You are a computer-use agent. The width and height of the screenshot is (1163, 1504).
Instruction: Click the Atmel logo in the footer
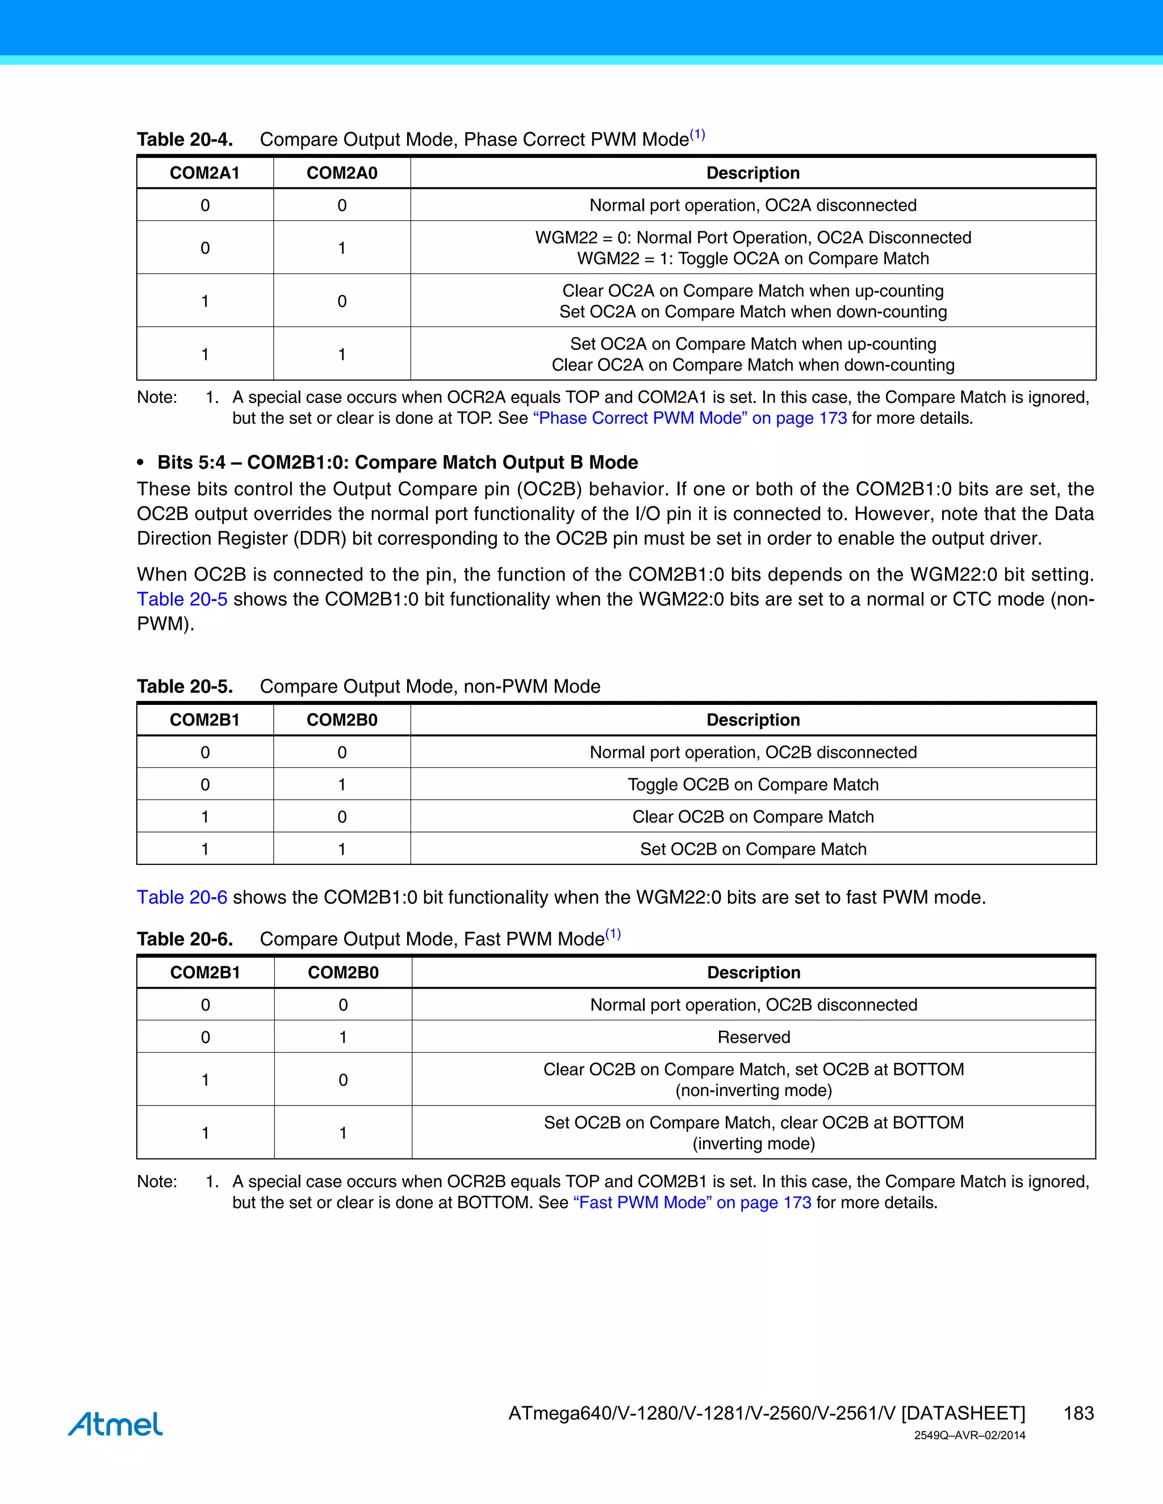[115, 1423]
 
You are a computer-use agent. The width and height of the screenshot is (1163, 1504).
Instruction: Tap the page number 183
[1078, 1413]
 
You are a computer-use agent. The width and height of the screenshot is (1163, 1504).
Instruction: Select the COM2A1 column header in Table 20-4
[204, 173]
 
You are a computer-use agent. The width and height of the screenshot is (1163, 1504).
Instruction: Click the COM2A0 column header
[342, 173]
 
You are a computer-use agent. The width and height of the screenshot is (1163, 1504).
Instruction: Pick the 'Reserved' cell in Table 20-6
[753, 1037]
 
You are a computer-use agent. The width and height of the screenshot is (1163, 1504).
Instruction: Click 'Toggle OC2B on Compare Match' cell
[753, 784]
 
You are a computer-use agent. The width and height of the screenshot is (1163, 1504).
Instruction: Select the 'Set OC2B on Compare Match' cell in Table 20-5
[753, 849]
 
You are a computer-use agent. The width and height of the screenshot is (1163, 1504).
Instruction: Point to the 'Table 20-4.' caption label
[185, 140]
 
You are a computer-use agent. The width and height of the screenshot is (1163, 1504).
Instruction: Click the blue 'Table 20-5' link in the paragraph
[182, 599]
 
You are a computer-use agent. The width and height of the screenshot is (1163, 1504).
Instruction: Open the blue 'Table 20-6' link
[182, 897]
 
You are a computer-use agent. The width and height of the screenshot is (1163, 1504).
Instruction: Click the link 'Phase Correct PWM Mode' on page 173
[689, 418]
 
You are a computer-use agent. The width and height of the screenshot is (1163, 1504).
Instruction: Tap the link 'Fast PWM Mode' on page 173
[692, 1203]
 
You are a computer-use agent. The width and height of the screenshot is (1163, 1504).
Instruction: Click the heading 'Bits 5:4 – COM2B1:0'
[398, 462]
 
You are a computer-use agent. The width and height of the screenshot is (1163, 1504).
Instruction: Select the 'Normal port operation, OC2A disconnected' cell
[753, 205]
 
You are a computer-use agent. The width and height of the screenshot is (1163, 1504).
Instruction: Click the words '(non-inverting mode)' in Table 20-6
[753, 1090]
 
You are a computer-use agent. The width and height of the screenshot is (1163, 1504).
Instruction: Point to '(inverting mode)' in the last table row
[753, 1143]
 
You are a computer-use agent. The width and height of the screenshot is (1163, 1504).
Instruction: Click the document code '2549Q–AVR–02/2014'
[969, 1435]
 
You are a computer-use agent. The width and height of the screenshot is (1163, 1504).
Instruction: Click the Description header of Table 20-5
[753, 720]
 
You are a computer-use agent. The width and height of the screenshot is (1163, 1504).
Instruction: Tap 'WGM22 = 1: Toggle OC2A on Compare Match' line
[753, 258]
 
